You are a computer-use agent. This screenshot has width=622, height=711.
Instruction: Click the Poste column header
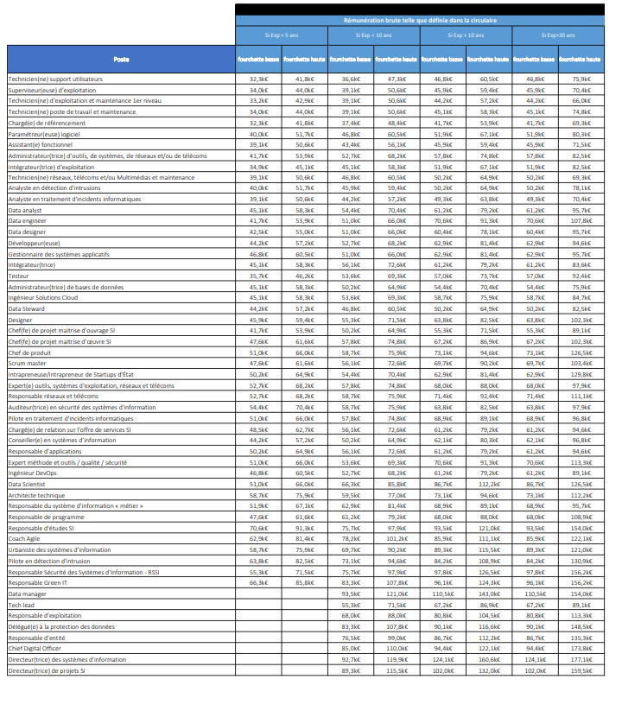point(121,59)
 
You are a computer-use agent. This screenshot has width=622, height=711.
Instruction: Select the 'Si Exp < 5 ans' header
point(281,35)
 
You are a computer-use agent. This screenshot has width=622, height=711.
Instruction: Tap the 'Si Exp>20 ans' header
point(558,35)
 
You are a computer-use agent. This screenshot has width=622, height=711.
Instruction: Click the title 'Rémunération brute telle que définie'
point(419,19)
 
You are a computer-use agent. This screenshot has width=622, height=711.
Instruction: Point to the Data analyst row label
point(25,210)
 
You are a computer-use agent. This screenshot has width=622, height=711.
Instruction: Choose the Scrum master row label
point(28,364)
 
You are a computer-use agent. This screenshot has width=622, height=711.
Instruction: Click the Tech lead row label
point(22,605)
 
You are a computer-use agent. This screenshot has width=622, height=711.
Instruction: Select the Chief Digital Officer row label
point(34,648)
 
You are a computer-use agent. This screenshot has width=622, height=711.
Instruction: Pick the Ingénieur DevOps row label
point(32,473)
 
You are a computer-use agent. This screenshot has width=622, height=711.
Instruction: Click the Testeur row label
point(20,276)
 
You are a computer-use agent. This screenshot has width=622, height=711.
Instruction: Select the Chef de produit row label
point(30,352)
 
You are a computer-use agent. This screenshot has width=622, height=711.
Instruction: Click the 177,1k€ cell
point(581,659)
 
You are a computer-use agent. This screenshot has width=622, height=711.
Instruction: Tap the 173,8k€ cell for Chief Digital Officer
point(581,648)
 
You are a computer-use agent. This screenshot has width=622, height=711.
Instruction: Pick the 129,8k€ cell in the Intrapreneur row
point(581,375)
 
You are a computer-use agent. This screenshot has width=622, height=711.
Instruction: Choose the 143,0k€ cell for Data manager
point(488,594)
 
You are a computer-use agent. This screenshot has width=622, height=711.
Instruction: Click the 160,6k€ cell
point(488,659)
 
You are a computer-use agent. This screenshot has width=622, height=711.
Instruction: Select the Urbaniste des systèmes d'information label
point(59,549)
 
